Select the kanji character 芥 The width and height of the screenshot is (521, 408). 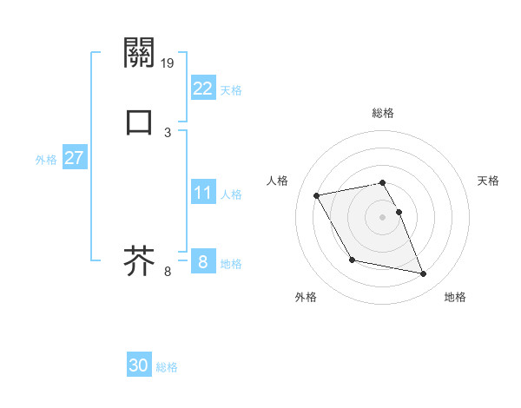point(140,260)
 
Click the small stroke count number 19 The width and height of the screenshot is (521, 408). point(168,63)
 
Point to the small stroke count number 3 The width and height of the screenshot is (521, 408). point(168,132)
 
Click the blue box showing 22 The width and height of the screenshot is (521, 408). point(203,89)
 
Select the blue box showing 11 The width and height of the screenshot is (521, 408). point(203,193)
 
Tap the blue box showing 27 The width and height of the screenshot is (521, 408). point(74,158)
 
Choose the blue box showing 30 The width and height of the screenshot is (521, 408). point(139,365)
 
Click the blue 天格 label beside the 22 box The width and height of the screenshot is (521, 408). point(231,90)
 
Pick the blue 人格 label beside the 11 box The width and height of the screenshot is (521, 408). point(231,194)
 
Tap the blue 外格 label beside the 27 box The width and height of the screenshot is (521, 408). point(46,160)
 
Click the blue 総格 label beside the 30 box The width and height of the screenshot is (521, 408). point(168,367)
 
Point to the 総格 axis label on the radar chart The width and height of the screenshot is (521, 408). point(383,113)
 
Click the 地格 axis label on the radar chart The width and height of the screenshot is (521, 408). point(455,297)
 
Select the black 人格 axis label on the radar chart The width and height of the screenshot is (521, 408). point(278,181)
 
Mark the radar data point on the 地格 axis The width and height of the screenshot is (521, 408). point(424,274)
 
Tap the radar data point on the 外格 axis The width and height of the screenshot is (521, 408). point(352,260)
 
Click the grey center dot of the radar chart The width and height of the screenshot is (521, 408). point(383,217)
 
